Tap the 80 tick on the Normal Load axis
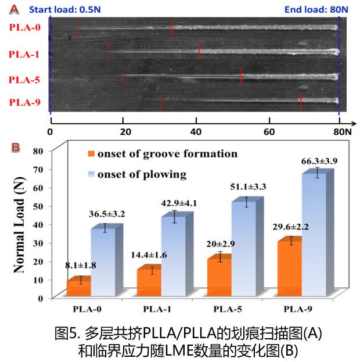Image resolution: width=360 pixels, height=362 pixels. tap(38, 150)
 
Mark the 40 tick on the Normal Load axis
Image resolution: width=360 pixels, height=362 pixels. tap(38, 224)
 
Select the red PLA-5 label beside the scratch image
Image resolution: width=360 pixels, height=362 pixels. tap(25, 80)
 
